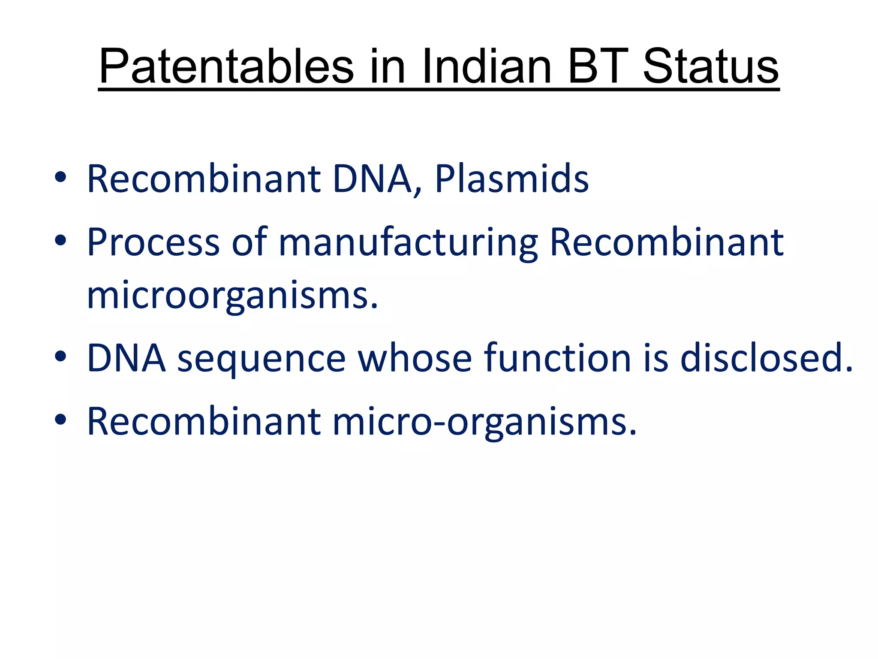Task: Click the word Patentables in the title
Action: (226, 67)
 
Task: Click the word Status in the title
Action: (710, 67)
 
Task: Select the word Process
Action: (153, 242)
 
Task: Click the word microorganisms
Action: (232, 296)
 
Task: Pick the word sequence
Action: (261, 358)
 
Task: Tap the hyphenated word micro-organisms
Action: (484, 422)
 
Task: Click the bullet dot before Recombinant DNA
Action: (60, 177)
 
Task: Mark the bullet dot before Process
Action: (60, 241)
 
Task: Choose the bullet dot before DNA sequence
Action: (60, 356)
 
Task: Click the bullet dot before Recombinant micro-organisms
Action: (60, 420)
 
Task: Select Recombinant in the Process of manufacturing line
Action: (667, 242)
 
